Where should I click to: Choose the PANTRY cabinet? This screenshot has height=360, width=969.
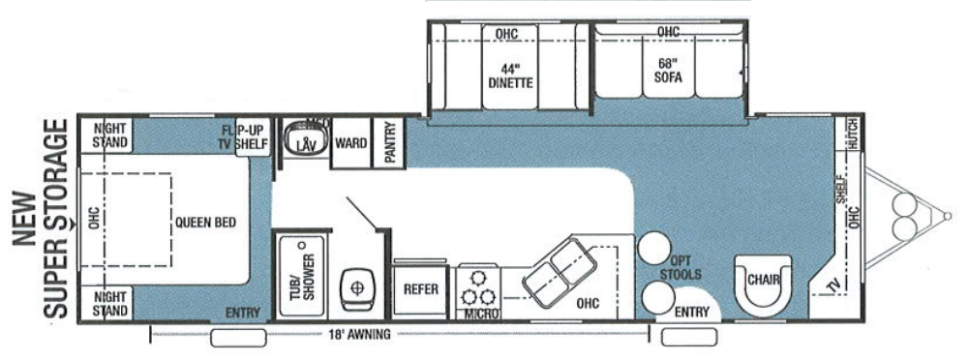coord(391,143)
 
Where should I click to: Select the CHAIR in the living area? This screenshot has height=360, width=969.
coord(764,281)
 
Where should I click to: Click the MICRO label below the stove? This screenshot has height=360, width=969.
coord(480,315)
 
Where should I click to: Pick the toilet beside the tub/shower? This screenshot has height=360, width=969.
coord(358,288)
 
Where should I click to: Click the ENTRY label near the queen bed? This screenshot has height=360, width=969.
coord(242,313)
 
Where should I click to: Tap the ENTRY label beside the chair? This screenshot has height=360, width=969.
coord(691,312)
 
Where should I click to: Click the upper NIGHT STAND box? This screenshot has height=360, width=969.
coord(111,135)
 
